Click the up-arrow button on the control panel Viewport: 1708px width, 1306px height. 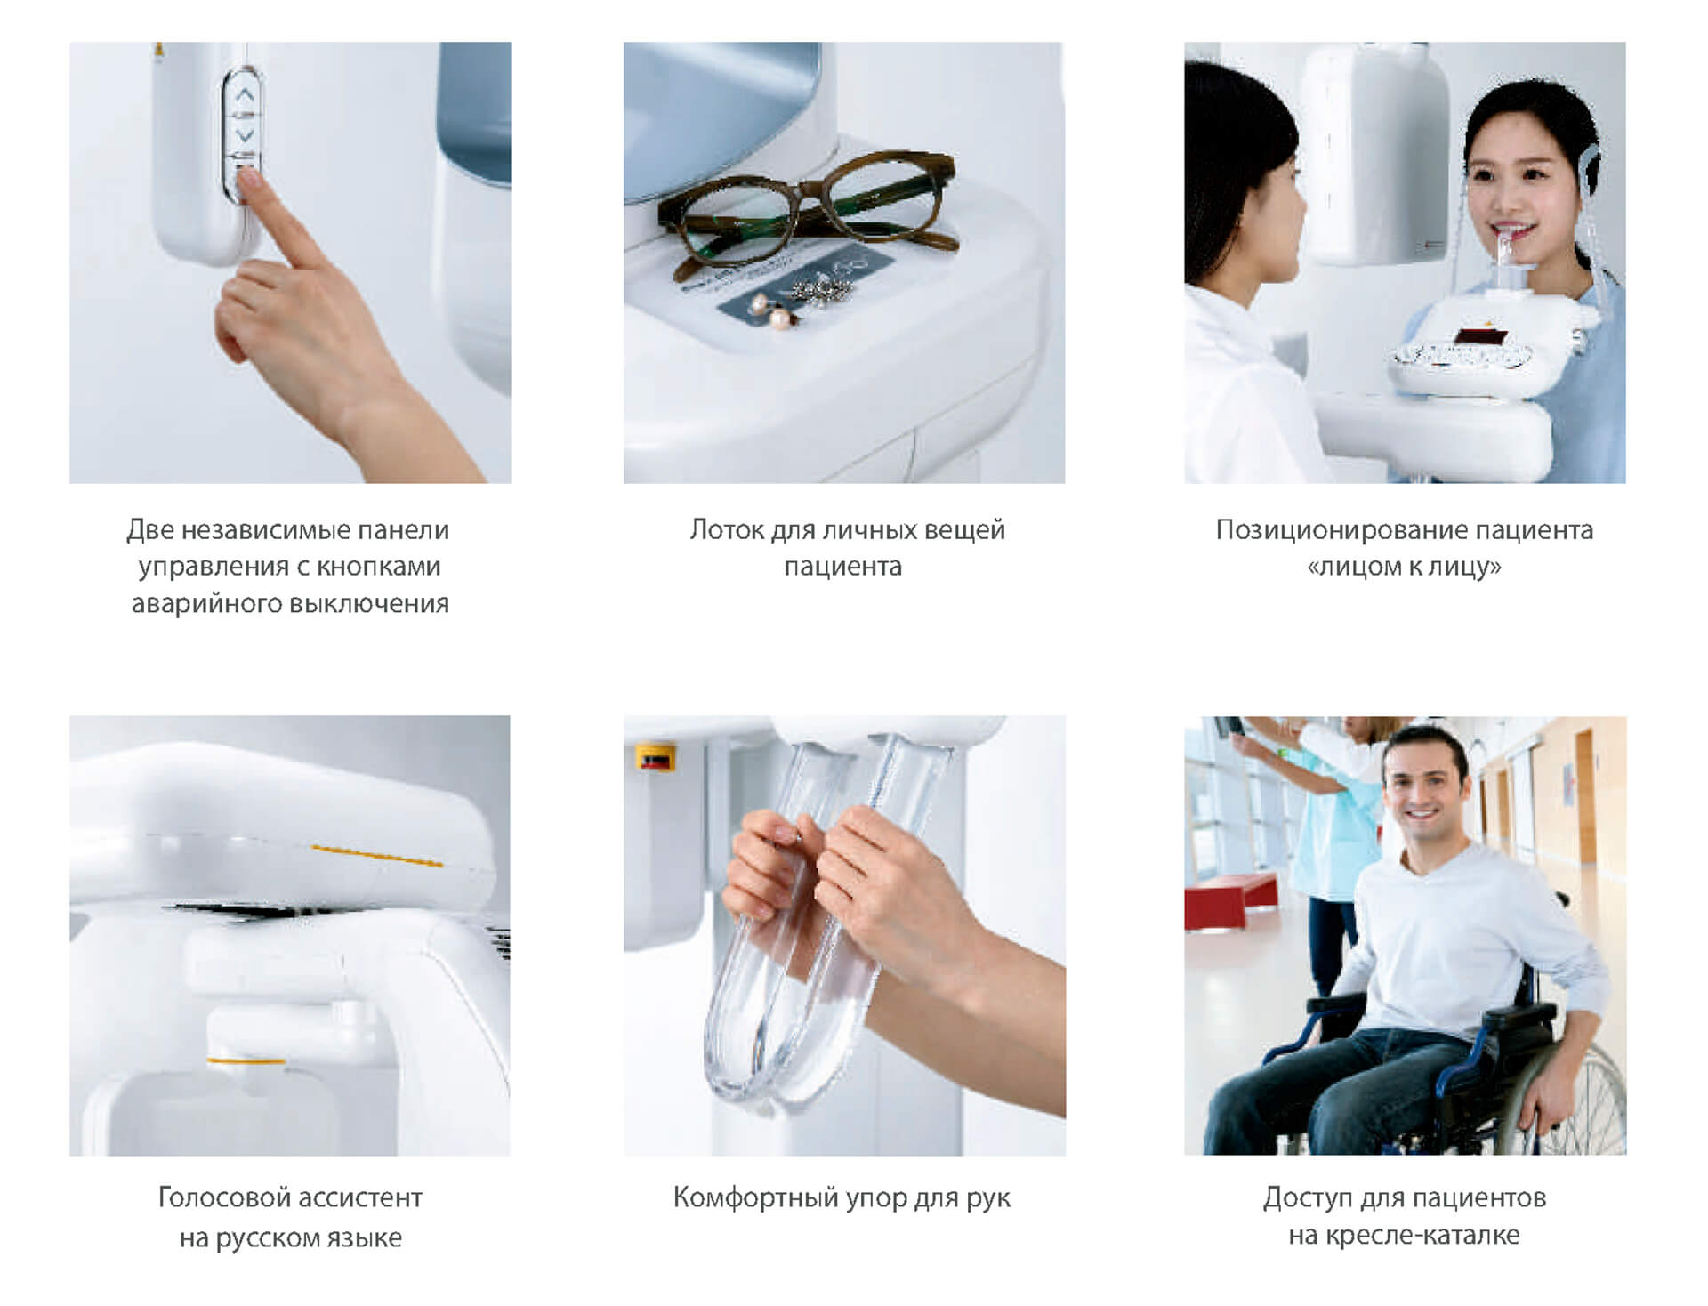(246, 93)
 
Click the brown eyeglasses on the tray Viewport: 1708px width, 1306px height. (806, 214)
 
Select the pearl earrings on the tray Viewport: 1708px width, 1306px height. (773, 311)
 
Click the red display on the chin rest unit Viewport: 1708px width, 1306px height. (1478, 336)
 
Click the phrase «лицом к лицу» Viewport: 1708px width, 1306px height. (1404, 568)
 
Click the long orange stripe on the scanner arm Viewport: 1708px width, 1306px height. (377, 856)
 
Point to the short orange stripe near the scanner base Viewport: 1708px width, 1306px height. (246, 1060)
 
